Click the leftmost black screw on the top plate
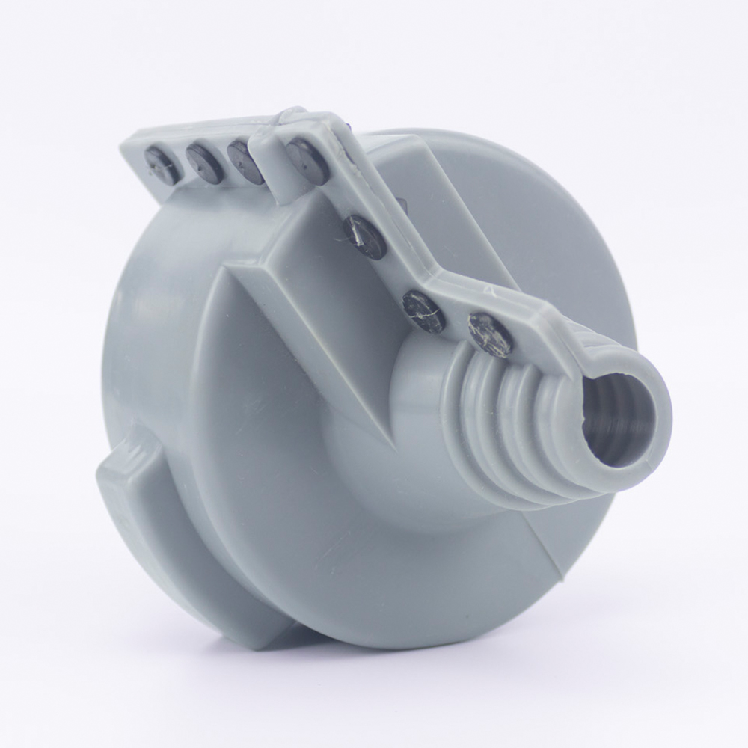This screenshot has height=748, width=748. click(x=162, y=165)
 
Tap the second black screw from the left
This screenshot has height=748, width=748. click(x=203, y=163)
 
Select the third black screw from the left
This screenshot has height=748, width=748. click(x=245, y=161)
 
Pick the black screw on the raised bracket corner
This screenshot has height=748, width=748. click(x=307, y=160)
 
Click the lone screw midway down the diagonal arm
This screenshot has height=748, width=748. click(x=365, y=236)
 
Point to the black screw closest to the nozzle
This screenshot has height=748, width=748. click(x=490, y=334)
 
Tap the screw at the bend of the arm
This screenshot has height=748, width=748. click(x=424, y=310)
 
